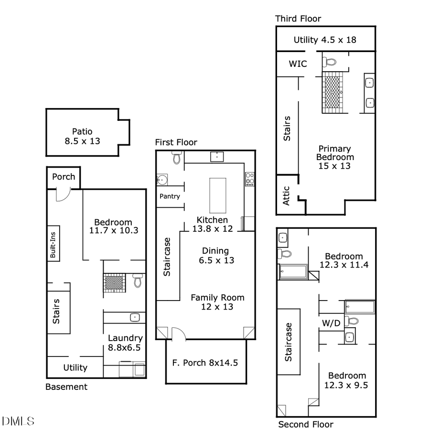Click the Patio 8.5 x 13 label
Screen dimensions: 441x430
point(82,136)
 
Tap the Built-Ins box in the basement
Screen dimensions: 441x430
point(53,243)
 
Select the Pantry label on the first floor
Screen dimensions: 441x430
point(170,196)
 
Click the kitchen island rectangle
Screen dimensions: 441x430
point(217,195)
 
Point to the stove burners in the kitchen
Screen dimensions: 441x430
point(249,179)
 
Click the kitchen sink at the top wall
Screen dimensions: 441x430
point(217,156)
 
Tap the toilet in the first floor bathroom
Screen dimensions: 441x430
point(177,158)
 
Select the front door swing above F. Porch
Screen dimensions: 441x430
point(178,334)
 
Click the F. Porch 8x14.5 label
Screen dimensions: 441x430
point(205,362)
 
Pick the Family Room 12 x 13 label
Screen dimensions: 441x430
point(217,302)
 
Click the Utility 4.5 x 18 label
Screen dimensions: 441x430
point(325,40)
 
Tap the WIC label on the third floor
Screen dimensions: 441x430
point(298,64)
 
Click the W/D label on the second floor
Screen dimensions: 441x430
point(330,323)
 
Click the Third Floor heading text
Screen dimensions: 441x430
point(298,19)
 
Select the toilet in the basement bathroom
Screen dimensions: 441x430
point(138,280)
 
